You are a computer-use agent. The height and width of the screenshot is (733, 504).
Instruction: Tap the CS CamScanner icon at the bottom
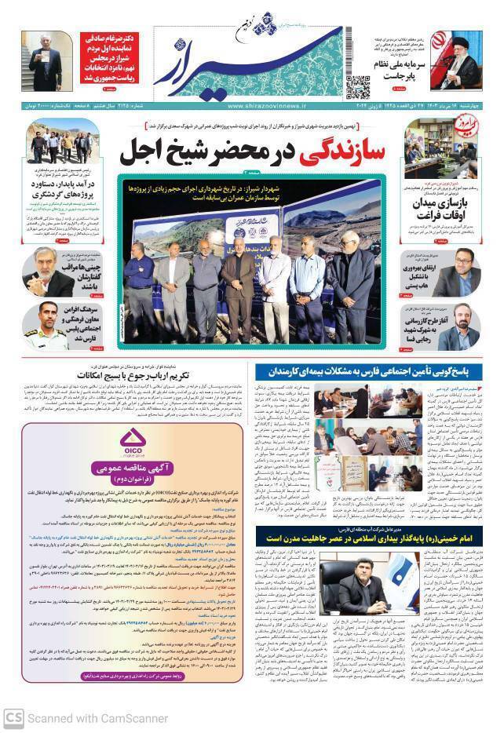[13, 717]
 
